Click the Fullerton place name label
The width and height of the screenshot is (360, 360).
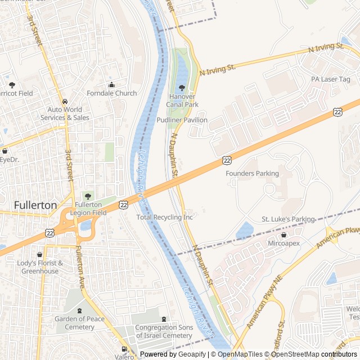point(35,205)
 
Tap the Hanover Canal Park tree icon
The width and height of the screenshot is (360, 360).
point(181,88)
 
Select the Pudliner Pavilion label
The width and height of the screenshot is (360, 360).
point(182,120)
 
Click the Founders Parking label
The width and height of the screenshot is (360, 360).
point(252,174)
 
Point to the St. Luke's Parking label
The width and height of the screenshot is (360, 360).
point(289,219)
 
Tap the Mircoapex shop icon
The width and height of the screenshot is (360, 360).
point(283,235)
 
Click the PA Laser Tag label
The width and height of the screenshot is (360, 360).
point(331,79)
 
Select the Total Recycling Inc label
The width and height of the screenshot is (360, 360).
point(165,217)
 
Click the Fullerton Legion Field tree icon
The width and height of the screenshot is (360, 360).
point(87,196)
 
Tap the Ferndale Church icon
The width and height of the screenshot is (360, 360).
point(111,85)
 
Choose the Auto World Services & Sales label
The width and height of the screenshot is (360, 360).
point(65,114)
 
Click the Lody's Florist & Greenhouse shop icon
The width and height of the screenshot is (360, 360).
point(39,255)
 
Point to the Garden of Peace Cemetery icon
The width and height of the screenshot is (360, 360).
point(79,310)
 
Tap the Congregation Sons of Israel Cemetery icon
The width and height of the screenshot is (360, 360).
point(164,319)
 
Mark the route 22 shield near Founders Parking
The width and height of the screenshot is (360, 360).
point(226,161)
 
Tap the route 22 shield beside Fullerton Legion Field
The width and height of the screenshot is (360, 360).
point(123,206)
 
